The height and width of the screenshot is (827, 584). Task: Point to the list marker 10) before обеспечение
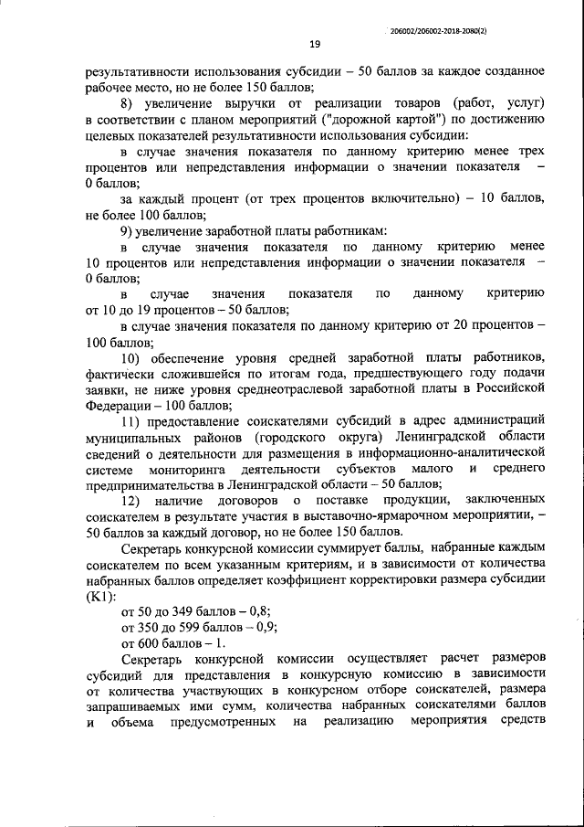tap(131, 356)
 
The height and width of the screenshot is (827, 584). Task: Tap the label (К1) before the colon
tap(99, 595)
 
